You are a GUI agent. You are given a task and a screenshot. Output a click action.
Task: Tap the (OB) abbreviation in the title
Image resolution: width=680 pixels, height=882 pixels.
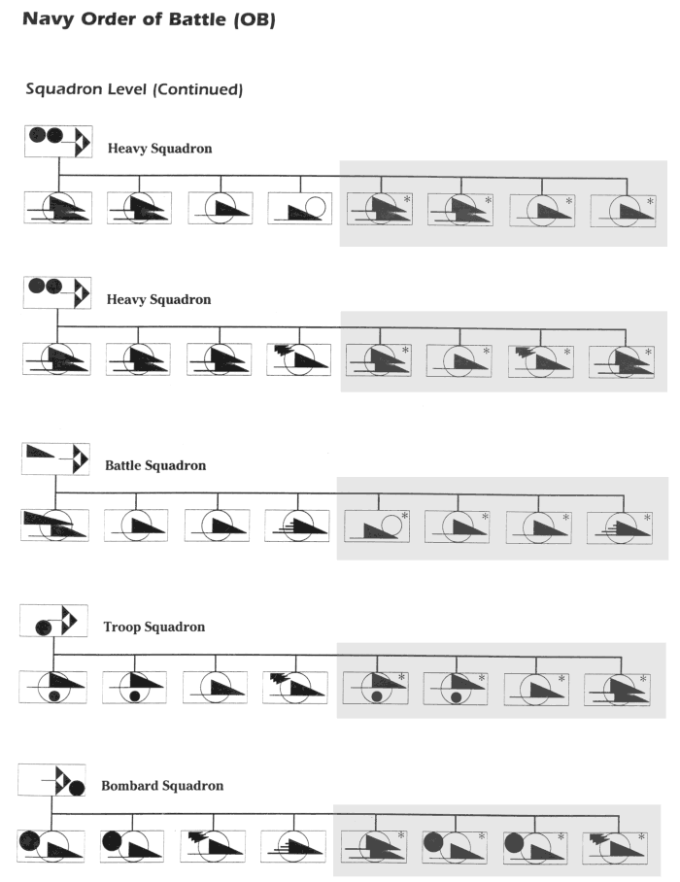[255, 19]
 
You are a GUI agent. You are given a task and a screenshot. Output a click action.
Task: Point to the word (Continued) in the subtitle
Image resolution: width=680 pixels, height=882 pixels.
[197, 89]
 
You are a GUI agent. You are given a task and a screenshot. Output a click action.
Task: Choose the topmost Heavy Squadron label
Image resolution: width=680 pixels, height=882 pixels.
[159, 149]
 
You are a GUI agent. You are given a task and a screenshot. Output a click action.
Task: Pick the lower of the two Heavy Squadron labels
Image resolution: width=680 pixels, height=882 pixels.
[158, 299]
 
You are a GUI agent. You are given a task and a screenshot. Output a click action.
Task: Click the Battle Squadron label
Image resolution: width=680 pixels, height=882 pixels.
[155, 465]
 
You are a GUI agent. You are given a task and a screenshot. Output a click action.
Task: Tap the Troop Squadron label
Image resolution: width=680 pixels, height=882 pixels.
[154, 627]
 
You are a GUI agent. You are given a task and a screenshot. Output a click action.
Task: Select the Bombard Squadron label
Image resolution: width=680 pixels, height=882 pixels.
[162, 785]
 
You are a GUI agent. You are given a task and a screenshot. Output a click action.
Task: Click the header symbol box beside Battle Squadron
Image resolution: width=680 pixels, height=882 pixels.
[55, 459]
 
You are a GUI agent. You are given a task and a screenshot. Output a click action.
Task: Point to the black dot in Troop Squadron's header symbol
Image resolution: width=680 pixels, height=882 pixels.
[44, 628]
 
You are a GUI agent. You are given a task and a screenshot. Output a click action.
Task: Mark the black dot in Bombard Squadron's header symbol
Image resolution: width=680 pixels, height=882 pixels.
[77, 788]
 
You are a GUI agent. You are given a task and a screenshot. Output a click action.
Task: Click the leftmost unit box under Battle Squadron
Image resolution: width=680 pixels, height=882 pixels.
[54, 526]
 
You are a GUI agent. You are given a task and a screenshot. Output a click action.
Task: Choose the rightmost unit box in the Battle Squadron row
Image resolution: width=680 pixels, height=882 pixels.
[619, 527]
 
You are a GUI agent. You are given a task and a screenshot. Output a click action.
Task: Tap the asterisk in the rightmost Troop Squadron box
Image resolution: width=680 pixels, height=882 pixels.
[643, 679]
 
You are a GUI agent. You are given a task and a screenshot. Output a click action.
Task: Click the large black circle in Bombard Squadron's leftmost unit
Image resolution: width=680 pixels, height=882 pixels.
[29, 841]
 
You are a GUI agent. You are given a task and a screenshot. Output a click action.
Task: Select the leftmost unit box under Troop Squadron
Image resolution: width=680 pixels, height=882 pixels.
[52, 687]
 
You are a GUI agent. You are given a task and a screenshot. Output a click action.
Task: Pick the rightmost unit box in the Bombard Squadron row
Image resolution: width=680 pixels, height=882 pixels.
[615, 849]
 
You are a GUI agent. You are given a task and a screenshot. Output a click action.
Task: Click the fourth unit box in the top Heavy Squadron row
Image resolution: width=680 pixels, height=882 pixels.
[300, 208]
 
